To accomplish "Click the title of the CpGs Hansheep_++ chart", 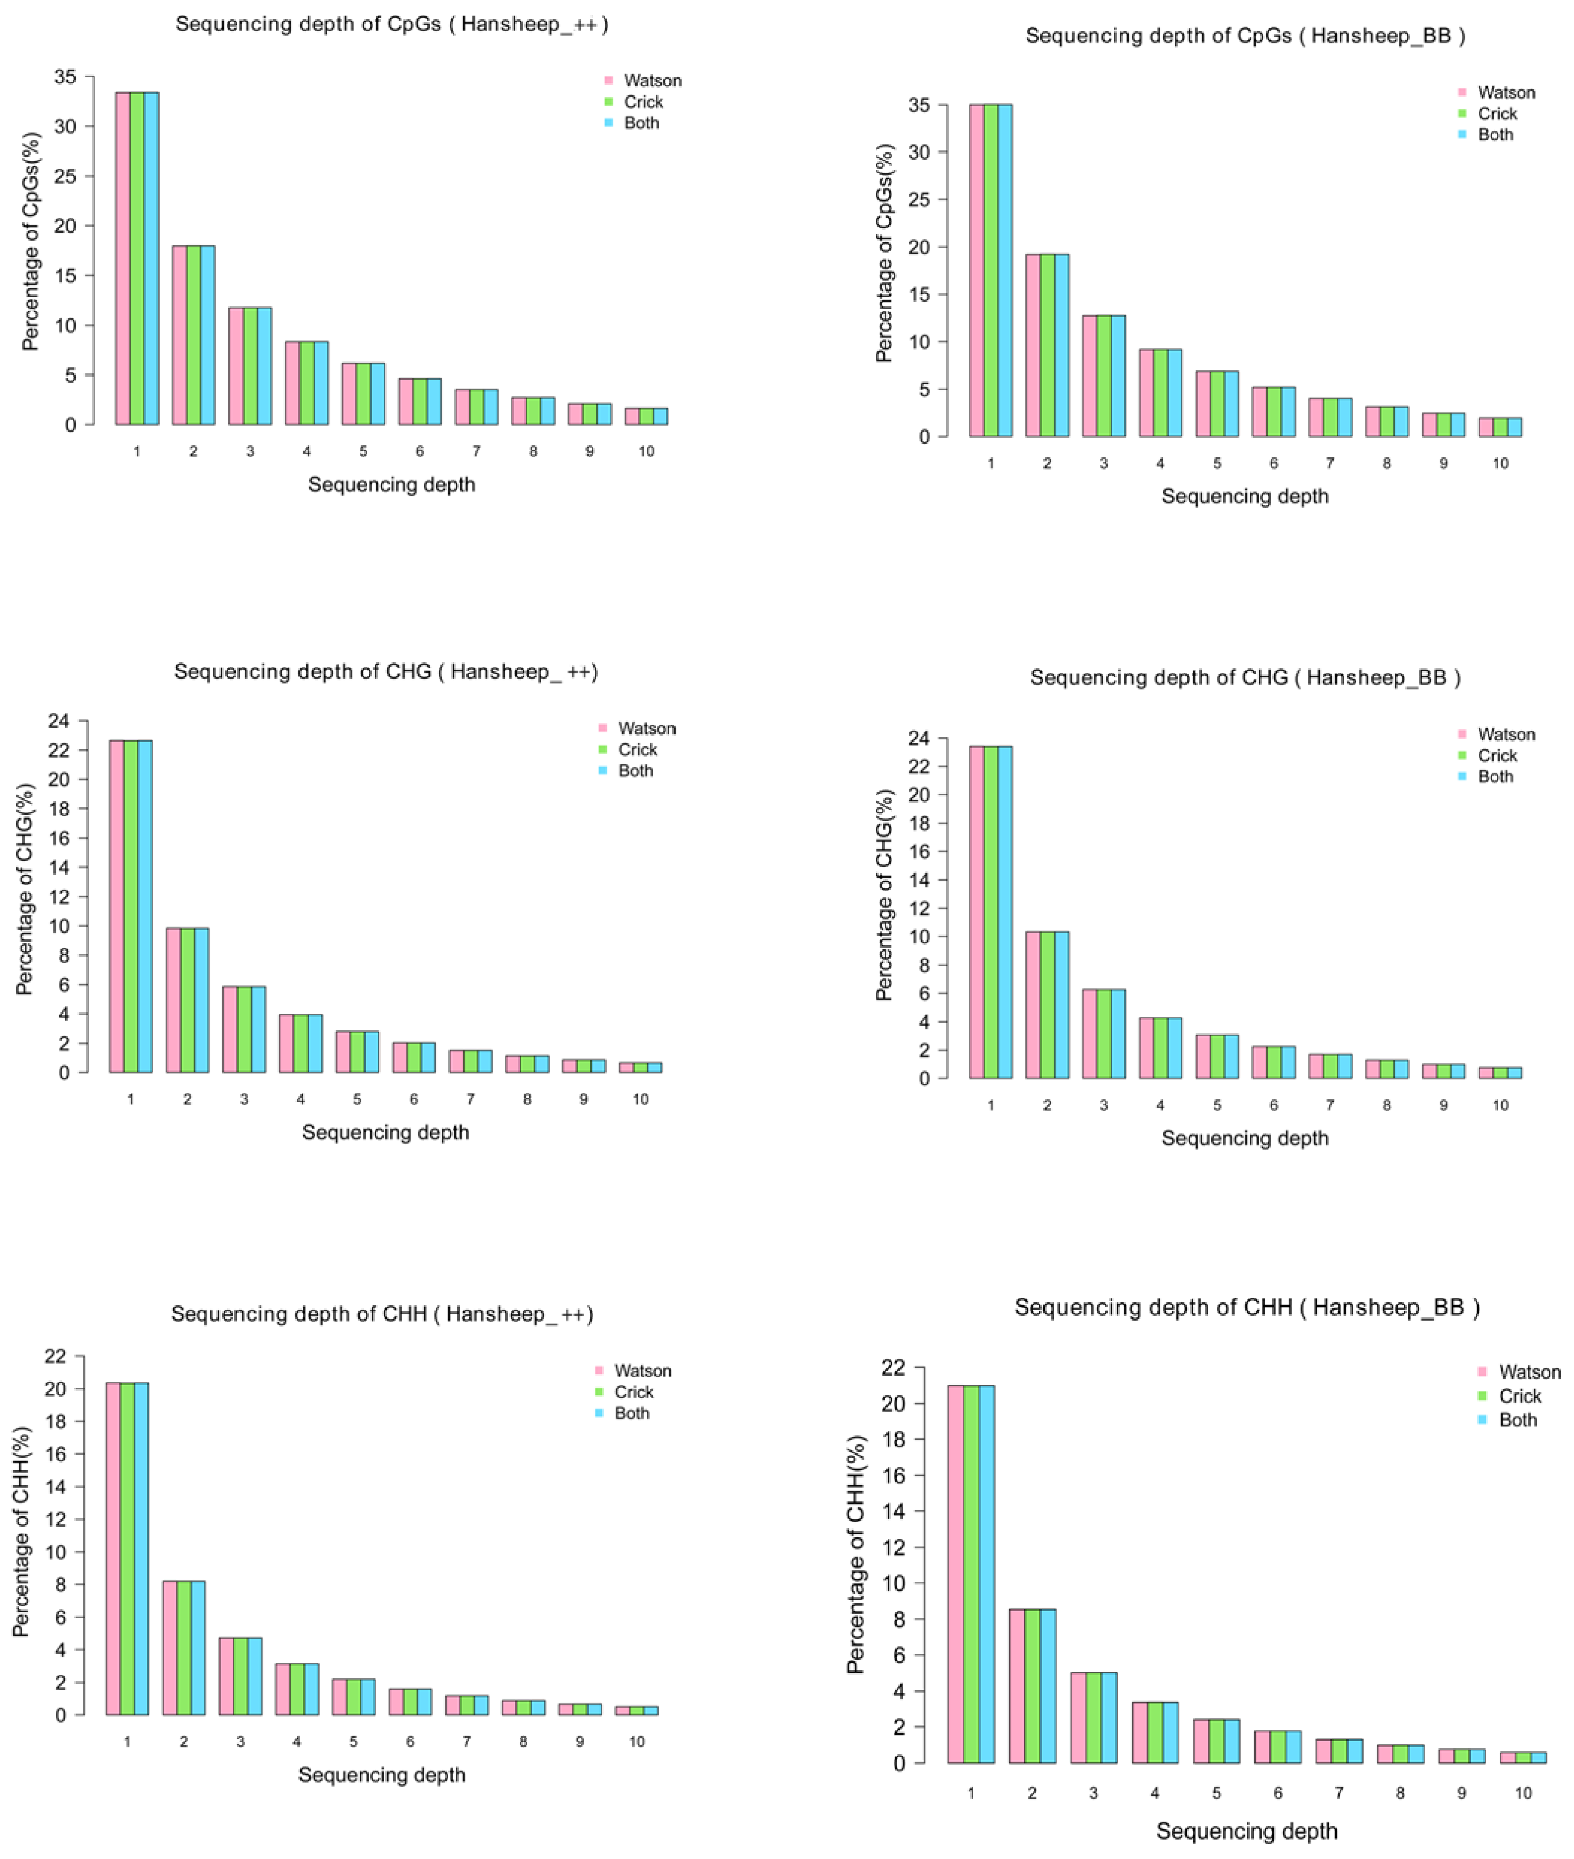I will pyautogui.click(x=392, y=24).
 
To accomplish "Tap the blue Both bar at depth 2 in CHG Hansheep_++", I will pyautogui.click(x=202, y=1000).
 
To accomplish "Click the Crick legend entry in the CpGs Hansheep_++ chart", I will pyautogui.click(x=642, y=102).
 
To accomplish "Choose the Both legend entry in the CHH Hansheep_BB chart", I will pyautogui.click(x=1517, y=1420).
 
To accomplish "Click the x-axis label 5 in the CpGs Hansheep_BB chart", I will pyautogui.click(x=1217, y=463).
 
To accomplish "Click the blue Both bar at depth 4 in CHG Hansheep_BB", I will pyautogui.click(x=1174, y=1048).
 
